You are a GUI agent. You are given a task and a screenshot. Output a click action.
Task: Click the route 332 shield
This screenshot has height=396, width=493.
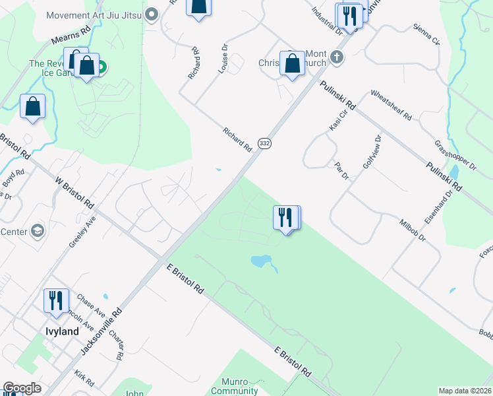click(264, 143)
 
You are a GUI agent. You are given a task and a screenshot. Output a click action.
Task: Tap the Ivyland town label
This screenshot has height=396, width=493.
click(62, 331)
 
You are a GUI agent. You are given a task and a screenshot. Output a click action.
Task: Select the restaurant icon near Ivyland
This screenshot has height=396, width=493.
click(56, 301)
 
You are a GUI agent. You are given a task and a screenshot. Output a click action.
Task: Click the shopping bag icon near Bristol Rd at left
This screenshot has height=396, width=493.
click(32, 107)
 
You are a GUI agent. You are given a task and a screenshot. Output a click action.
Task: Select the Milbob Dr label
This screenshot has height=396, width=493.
click(413, 232)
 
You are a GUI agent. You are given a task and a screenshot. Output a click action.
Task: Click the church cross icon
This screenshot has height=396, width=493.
click(337, 57)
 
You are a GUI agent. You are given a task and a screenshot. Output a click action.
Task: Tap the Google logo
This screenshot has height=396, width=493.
click(22, 388)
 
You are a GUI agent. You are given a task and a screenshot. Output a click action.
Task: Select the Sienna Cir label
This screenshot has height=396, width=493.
click(426, 36)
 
